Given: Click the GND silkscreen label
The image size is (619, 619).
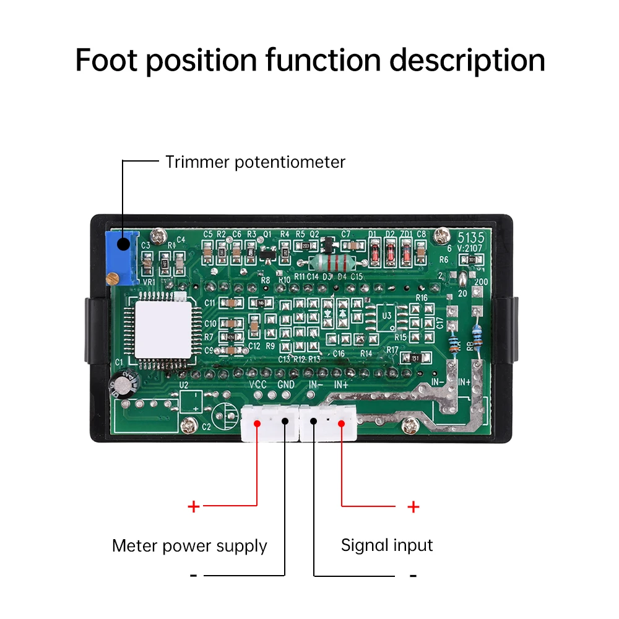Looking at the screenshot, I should [286, 384].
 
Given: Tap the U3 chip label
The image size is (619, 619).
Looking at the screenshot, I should [387, 316].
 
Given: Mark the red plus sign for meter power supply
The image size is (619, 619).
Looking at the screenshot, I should [194, 506].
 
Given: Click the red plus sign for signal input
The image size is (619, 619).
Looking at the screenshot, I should [413, 506].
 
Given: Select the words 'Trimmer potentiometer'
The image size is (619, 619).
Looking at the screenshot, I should [255, 162].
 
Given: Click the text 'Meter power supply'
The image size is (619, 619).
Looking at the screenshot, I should [189, 546].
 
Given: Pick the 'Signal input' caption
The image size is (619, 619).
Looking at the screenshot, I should [387, 545].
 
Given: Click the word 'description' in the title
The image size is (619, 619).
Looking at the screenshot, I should [467, 61].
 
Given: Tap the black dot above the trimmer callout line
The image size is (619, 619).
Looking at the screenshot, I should [123, 243].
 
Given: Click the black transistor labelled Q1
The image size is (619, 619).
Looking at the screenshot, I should [267, 254].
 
